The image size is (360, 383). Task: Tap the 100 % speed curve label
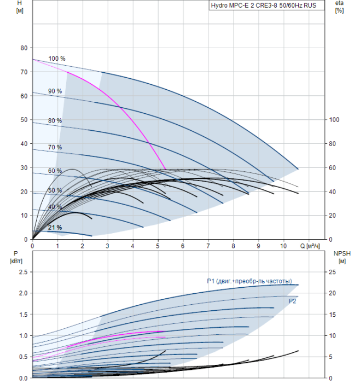click(x=56, y=59)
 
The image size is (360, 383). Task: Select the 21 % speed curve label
click(x=55, y=228)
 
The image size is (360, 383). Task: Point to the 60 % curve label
click(x=55, y=171)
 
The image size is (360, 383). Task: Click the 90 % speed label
click(x=55, y=91)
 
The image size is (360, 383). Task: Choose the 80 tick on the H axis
click(x=24, y=48)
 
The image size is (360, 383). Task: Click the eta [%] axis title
click(x=339, y=7)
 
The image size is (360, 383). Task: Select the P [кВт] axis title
click(x=15, y=257)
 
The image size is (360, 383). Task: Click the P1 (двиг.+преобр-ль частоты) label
click(x=249, y=281)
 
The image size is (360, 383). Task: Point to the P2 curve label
click(x=292, y=301)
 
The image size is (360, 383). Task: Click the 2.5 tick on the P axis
click(x=22, y=272)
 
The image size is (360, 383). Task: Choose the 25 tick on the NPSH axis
click(x=337, y=272)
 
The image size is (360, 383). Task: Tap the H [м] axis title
click(x=20, y=7)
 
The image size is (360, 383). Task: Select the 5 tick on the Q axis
click(x=158, y=246)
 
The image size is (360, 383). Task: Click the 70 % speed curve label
click(x=55, y=147)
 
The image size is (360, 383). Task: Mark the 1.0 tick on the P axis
click(x=22, y=335)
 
